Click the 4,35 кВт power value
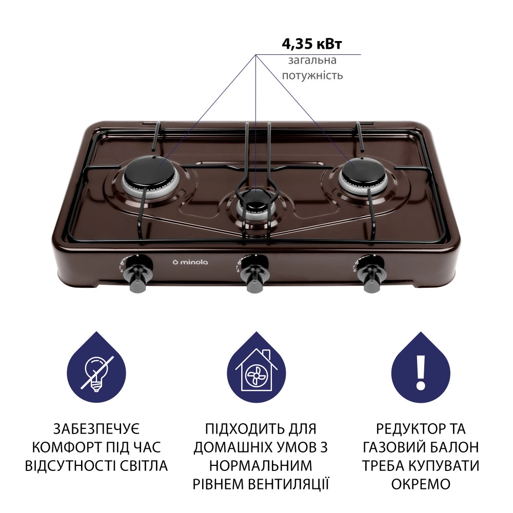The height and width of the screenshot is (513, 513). pyautogui.click(x=312, y=44)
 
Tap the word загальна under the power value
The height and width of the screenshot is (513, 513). pyautogui.click(x=312, y=61)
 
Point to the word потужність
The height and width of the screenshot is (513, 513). pyautogui.click(x=312, y=75)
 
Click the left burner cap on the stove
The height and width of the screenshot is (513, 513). pyautogui.click(x=149, y=170)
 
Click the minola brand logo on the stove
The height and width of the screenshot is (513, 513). pyautogui.click(x=190, y=262)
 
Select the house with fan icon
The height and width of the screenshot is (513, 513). pyautogui.click(x=256, y=370)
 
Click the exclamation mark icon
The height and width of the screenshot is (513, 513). pyautogui.click(x=421, y=370)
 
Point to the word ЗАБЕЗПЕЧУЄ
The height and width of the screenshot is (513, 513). pyautogui.click(x=96, y=429)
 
